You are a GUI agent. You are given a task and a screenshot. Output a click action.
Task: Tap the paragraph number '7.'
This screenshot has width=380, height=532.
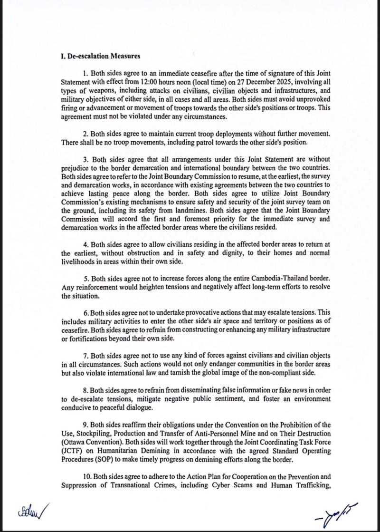[85, 355]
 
